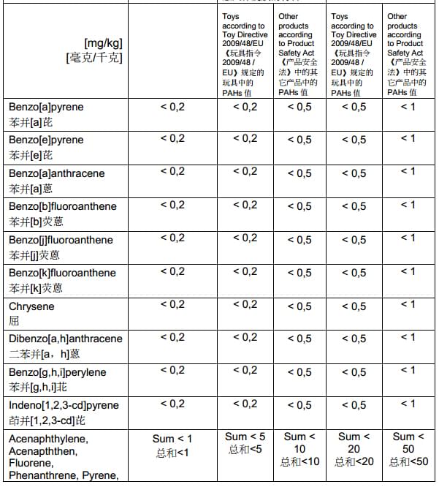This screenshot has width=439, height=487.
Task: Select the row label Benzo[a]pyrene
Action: click(x=46, y=107)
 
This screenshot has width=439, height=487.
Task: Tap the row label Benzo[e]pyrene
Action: click(x=46, y=140)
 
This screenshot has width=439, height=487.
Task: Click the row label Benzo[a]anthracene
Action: click(x=57, y=173)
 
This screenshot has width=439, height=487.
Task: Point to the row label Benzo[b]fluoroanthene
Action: click(x=63, y=206)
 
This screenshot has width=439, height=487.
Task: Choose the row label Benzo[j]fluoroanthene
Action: click(x=61, y=240)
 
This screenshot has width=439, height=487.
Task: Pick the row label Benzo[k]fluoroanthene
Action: click(x=63, y=273)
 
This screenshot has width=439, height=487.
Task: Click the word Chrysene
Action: click(x=31, y=306)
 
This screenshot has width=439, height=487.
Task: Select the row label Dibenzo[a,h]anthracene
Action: click(x=66, y=339)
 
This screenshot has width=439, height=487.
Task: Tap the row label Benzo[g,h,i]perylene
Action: click(x=58, y=372)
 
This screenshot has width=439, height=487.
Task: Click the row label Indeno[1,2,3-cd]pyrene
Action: click(x=64, y=405)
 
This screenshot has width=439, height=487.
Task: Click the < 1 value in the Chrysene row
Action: click(x=408, y=304)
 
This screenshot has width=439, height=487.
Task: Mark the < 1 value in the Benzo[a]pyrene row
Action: click(x=408, y=106)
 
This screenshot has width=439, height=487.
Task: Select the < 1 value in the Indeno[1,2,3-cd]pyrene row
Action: click(x=408, y=404)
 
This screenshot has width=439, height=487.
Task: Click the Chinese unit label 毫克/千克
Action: click(x=94, y=56)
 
